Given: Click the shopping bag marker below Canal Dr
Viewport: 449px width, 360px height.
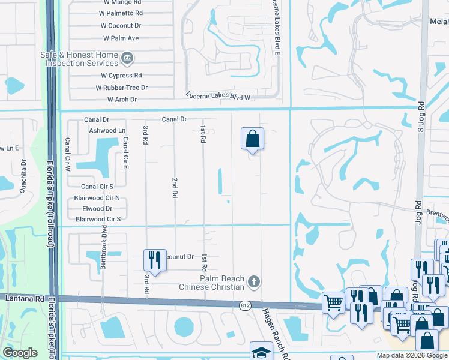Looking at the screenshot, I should coord(253,139).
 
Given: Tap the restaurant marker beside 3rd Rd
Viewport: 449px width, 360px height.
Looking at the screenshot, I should coord(154,260).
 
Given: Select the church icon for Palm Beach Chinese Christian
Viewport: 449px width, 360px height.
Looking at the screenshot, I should coord(254,281).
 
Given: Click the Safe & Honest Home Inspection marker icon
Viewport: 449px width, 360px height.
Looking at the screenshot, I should coord(127,58).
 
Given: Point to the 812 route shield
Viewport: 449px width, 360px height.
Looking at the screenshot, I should coord(240,304).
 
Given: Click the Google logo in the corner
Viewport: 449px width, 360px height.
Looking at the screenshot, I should coord(20,353).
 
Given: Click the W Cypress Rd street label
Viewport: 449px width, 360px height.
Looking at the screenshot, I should coord(121,76).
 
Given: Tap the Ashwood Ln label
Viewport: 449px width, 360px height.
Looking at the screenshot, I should coord(107,130).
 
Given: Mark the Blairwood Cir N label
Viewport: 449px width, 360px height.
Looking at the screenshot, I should coord(97,197).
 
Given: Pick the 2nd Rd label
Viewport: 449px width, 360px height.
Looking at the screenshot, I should coord(175,188).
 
